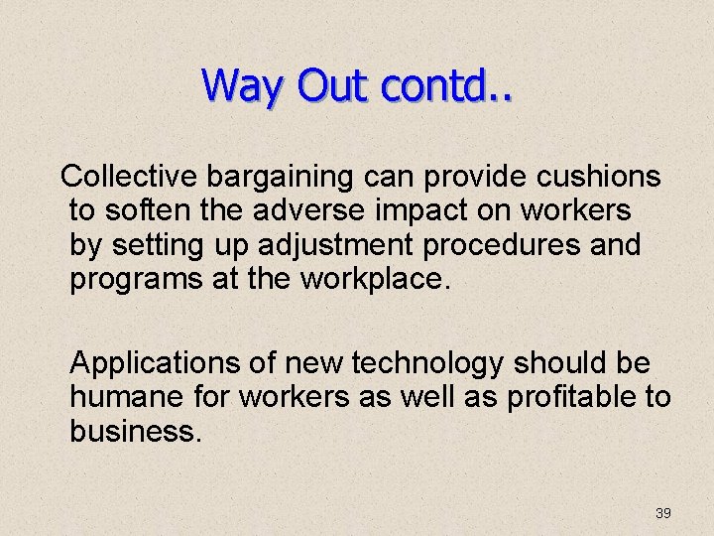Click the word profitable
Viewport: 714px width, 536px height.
[x=574, y=398]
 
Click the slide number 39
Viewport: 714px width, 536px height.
[x=663, y=513]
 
